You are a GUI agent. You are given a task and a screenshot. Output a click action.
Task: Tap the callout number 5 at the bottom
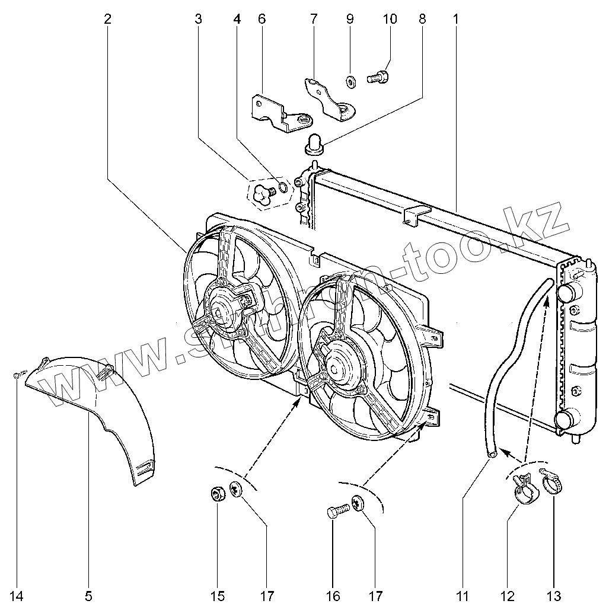(89, 595)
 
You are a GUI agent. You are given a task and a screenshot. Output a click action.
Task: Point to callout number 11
(462, 595)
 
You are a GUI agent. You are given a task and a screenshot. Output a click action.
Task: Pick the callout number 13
(554, 595)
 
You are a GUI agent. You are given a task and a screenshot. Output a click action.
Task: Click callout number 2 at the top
(107, 19)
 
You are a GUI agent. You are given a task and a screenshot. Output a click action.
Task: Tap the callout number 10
(390, 19)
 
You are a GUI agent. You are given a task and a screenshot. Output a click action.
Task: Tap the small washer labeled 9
(350, 81)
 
